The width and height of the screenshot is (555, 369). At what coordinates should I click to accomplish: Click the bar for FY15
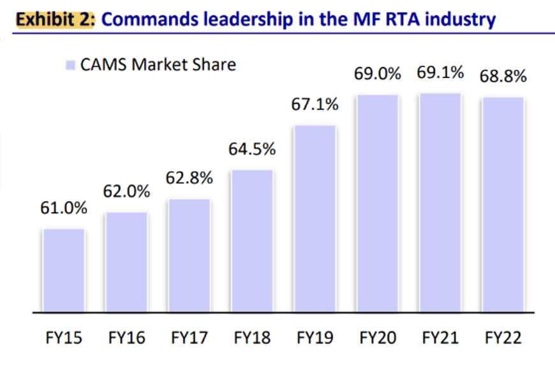click(x=64, y=271)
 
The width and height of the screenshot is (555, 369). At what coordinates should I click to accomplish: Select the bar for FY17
click(x=189, y=256)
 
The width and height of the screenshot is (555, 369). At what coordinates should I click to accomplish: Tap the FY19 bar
click(x=314, y=219)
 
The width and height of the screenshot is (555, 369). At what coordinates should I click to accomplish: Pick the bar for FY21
click(x=440, y=203)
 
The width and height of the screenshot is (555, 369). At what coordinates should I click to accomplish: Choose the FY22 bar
click(x=503, y=205)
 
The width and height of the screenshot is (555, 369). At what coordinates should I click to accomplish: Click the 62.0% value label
click(x=127, y=191)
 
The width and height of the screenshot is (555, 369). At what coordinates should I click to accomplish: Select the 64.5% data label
click(x=252, y=149)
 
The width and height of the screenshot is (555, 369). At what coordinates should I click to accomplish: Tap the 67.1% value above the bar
click(x=314, y=105)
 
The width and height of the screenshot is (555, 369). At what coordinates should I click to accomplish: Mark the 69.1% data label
click(x=440, y=73)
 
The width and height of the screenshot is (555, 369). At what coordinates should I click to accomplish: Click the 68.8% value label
click(x=503, y=77)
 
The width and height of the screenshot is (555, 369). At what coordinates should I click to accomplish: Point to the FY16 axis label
click(x=127, y=337)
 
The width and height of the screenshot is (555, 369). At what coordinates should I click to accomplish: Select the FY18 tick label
click(x=252, y=337)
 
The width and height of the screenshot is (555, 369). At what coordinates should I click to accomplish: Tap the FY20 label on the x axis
click(x=377, y=337)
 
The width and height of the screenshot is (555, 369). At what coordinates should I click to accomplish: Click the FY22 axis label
click(x=503, y=337)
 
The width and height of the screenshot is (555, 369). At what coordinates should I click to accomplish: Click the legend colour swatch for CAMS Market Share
click(x=70, y=65)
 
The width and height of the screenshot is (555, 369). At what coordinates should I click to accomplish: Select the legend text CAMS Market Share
click(x=158, y=65)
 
